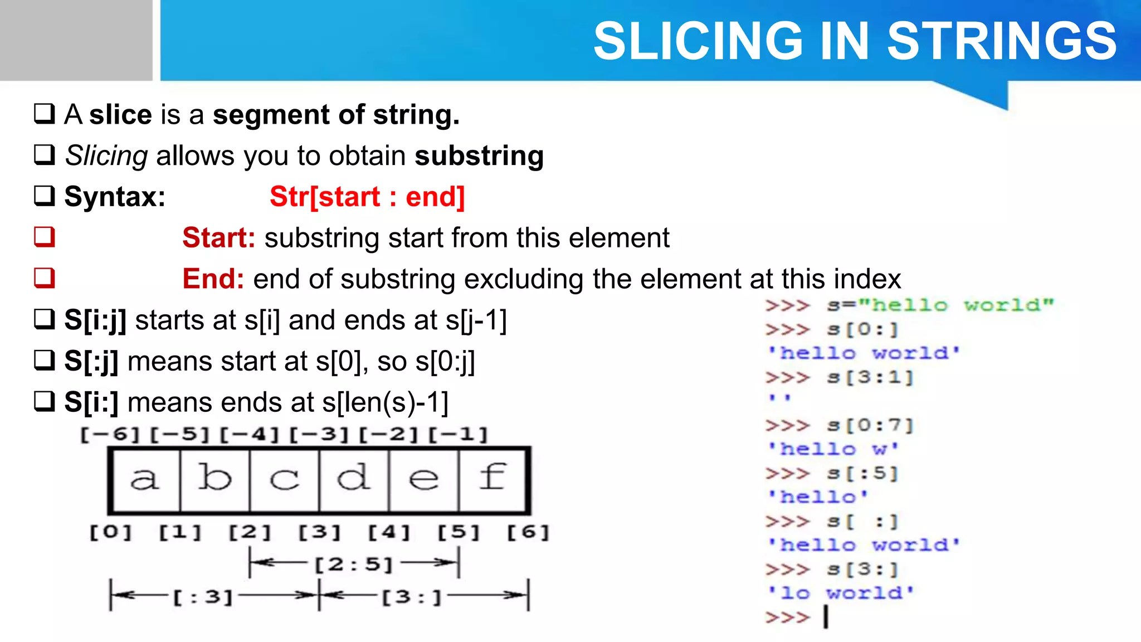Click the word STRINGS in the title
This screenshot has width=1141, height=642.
pos(1001,41)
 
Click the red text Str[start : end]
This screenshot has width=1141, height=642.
pos(367,197)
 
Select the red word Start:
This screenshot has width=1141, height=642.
pos(218,238)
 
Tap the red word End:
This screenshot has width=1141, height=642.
pos(213,279)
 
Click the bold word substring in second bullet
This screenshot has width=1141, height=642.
pos(479,156)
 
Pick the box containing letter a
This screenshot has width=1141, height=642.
pos(145,479)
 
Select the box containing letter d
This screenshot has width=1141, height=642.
pos(354,479)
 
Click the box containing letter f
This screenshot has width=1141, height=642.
pos(493,479)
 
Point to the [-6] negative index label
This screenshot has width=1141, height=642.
pos(110,434)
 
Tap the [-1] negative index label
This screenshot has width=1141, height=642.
pos(458,434)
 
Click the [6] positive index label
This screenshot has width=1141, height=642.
pos(528,532)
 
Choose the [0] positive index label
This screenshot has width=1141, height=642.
pos(111,532)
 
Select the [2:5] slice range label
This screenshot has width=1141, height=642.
pos(354,565)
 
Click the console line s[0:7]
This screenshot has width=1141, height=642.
pos(870,426)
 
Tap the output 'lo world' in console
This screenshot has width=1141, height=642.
pos(841,593)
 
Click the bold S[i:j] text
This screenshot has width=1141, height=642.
pos(95,320)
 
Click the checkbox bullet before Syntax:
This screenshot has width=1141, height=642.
pos(45,196)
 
